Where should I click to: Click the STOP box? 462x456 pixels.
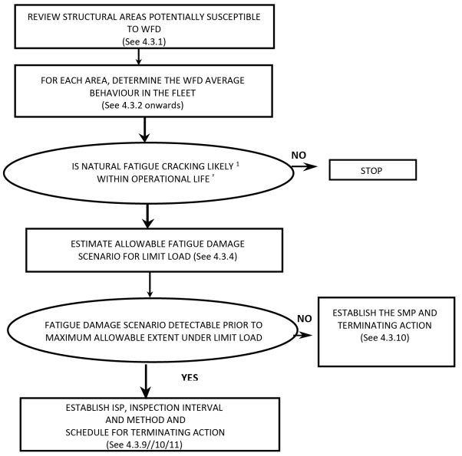(373, 169)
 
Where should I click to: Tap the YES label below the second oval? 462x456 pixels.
(190, 378)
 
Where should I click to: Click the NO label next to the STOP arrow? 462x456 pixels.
(299, 155)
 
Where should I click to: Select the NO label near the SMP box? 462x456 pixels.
(305, 319)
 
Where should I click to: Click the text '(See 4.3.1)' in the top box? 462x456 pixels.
(144, 41)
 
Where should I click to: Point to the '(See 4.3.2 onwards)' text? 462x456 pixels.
(143, 105)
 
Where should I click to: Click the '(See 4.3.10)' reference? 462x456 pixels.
(384, 337)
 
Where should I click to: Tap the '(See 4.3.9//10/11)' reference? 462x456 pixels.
(144, 445)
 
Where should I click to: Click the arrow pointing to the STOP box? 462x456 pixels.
(305, 166)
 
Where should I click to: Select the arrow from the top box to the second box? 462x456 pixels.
(138, 57)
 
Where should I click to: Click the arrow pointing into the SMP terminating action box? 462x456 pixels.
(303, 335)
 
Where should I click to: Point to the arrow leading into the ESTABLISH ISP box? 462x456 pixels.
(146, 381)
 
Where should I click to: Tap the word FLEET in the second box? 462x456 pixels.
(182, 93)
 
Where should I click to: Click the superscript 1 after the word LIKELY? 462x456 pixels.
(238, 164)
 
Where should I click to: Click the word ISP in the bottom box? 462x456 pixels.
(118, 408)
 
